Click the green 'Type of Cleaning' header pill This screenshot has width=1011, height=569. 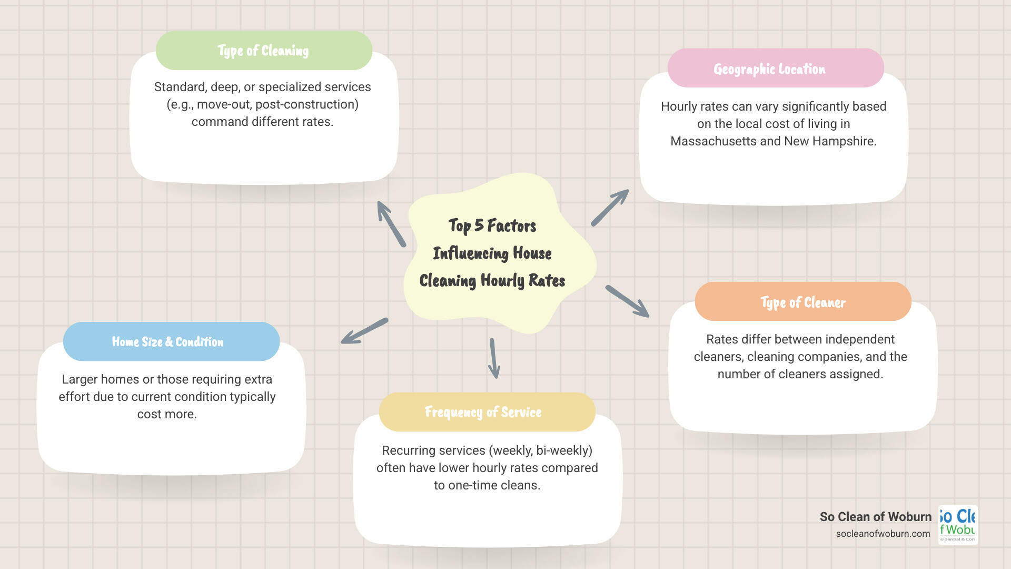[264, 51]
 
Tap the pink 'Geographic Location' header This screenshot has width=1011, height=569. [775, 68]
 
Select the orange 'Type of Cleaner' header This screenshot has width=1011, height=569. [802, 302]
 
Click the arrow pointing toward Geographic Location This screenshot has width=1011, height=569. [610, 208]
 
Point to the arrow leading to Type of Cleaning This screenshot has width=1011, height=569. [391, 224]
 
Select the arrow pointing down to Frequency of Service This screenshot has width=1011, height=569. [493, 358]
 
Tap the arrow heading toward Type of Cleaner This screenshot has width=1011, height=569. [627, 301]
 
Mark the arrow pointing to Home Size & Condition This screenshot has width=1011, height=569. [364, 331]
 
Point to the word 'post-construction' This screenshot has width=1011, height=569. [307, 104]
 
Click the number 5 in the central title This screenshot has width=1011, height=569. [479, 225]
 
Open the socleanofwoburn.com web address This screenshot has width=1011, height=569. [883, 533]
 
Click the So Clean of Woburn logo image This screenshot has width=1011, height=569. [958, 525]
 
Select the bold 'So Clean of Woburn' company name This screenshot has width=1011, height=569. [875, 517]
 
